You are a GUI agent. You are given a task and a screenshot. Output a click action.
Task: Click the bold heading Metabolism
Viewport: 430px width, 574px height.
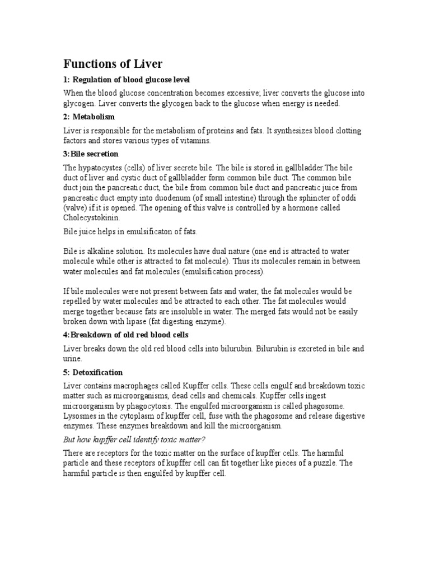(x=94, y=117)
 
